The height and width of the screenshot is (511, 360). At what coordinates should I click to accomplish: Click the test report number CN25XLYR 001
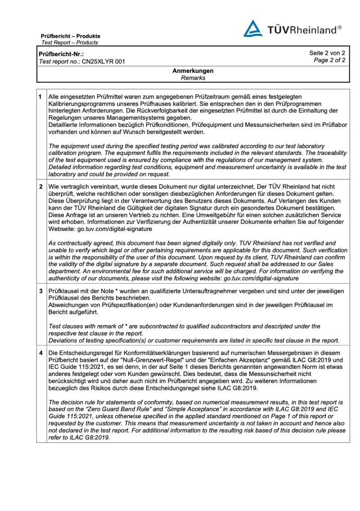point(103,62)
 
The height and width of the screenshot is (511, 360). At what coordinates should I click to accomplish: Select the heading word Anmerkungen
point(193,71)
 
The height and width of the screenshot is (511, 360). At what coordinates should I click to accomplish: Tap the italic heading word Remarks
point(193,78)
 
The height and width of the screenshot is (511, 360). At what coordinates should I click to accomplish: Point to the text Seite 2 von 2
point(327,53)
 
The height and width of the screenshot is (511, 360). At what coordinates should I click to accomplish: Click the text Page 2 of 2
point(330,60)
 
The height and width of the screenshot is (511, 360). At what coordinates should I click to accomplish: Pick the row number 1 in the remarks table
point(40,97)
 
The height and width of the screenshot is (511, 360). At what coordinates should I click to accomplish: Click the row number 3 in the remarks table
point(40,292)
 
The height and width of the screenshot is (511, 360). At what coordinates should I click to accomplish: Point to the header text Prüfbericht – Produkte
point(71,36)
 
